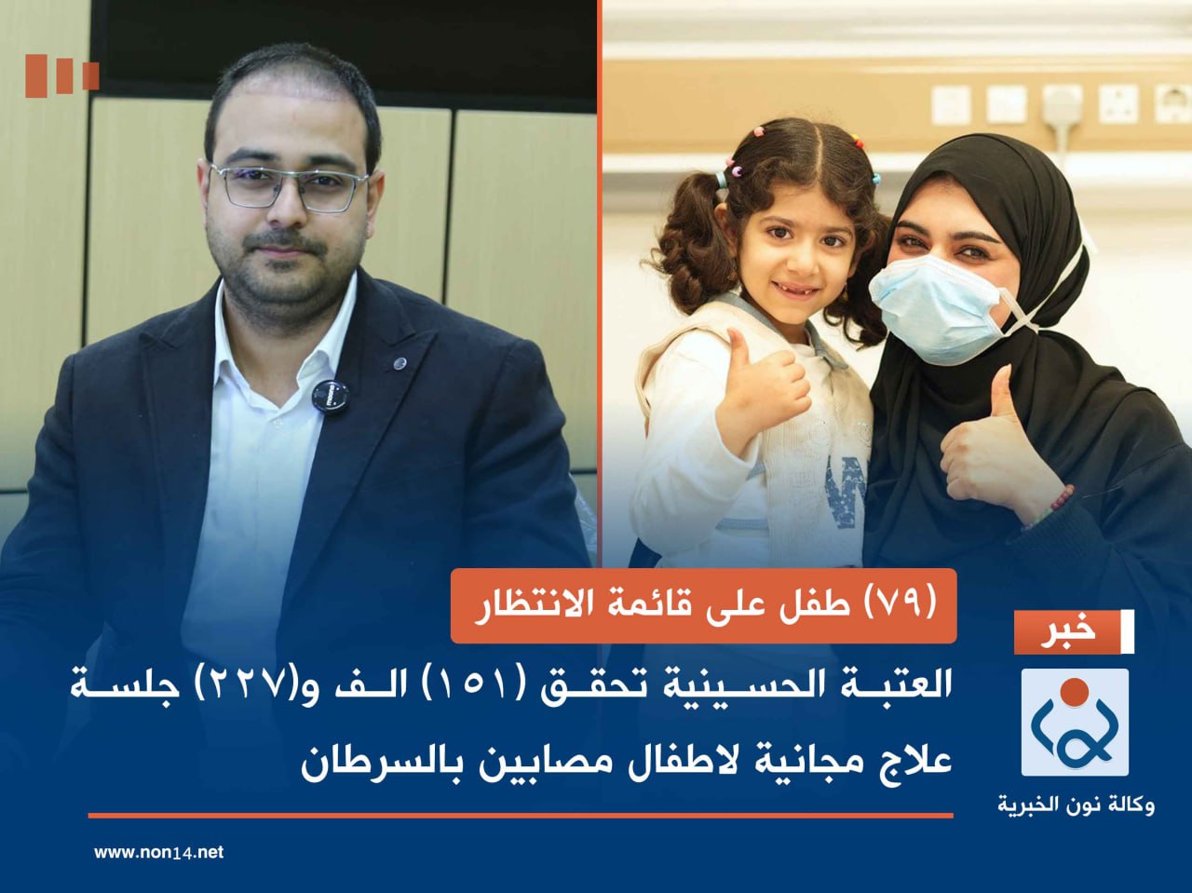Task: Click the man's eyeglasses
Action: [289, 186]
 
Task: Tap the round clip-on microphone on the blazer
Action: [331, 396]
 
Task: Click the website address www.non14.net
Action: [158, 852]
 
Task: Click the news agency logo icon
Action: [1075, 723]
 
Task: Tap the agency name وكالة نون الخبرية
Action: [1076, 804]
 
